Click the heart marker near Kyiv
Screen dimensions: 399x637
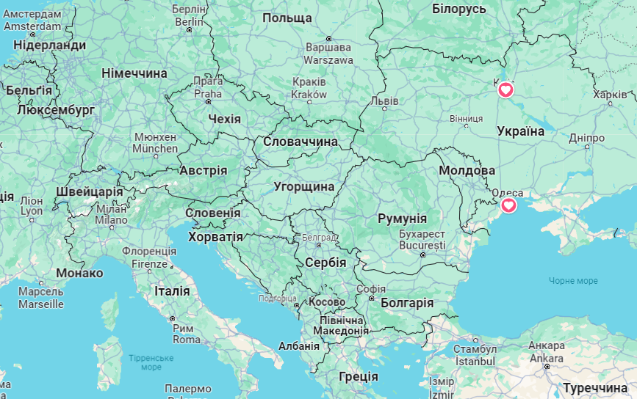[505, 90]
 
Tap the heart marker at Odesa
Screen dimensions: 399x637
[508, 205]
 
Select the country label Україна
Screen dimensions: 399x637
[521, 131]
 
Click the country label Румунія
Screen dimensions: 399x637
[402, 219]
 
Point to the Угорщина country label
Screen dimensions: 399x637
[304, 186]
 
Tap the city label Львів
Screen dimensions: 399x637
[385, 100]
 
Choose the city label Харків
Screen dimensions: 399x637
[610, 95]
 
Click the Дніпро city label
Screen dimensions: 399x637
[586, 138]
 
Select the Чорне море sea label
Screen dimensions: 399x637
[573, 281]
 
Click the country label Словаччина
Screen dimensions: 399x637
[300, 141]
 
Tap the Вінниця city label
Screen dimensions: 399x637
[466, 117]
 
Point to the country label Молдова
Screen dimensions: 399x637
[467, 170]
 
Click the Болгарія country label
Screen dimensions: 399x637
[408, 303]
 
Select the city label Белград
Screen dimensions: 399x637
[319, 238]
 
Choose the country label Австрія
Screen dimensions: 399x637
[204, 170]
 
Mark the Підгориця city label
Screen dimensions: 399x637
[278, 299]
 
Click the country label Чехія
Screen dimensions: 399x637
[224, 119]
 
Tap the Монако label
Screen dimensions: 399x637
[79, 273]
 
